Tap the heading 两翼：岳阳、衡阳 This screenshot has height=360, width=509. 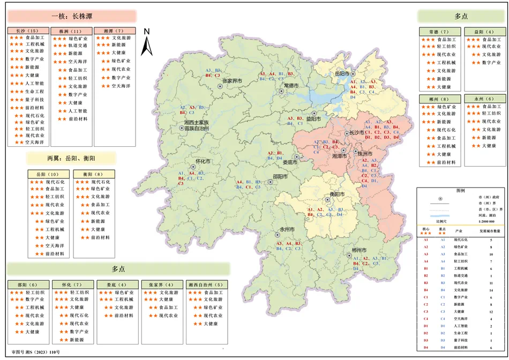pyautogui.click(x=71, y=158)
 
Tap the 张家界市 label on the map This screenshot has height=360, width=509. pyautogui.click(x=232, y=81)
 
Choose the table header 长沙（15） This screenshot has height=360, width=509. pyautogui.click(x=27, y=31)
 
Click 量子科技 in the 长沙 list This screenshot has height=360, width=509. pyautogui.click(x=35, y=100)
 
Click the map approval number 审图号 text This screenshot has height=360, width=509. pyautogui.click(x=33, y=352)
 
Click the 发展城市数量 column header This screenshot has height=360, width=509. pyautogui.click(x=490, y=230)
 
